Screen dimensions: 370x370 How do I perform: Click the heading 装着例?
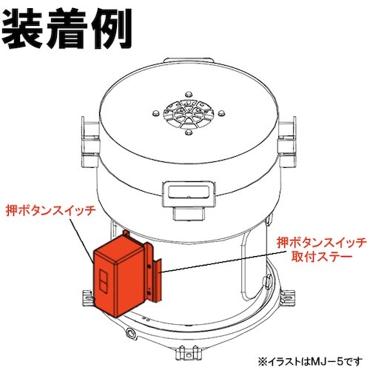pyautogui.click(x=67, y=29)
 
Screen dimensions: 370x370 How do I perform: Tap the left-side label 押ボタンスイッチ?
pyautogui.click(x=50, y=211)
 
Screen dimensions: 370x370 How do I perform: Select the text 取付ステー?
pyautogui.click(x=322, y=257)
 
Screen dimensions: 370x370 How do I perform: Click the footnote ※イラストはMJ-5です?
pyautogui.click(x=310, y=362)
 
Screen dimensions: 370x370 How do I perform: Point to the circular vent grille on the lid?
pyautogui.click(x=189, y=114)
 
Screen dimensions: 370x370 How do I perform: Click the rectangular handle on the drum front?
pyautogui.click(x=189, y=195)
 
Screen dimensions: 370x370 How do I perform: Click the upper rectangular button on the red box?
pyautogui.click(x=103, y=276)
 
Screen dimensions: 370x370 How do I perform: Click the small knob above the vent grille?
pyautogui.click(x=189, y=95)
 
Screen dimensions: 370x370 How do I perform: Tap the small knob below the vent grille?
pyautogui.click(x=189, y=133)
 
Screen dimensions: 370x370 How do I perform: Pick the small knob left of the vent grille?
pyautogui.click(x=155, y=113)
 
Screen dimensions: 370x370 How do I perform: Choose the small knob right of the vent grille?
pyautogui.click(x=221, y=113)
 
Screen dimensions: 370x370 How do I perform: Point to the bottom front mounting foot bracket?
pyautogui.click(x=189, y=352)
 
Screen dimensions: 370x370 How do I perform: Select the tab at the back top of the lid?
pyautogui.click(x=189, y=61)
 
